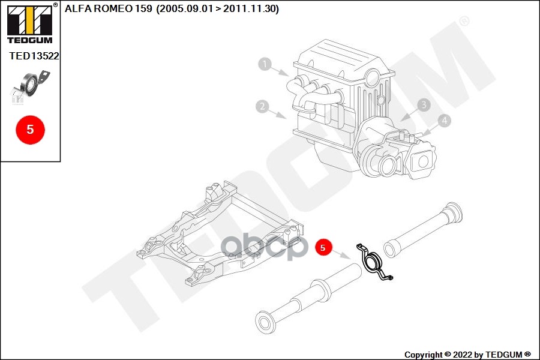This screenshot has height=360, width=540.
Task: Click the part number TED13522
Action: (34, 56)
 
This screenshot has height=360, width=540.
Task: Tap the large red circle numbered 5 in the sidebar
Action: (31, 130)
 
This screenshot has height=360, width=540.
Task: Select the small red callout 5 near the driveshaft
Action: (323, 247)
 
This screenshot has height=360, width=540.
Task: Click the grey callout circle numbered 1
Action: (265, 64)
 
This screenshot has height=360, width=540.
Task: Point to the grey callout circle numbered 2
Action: (262, 106)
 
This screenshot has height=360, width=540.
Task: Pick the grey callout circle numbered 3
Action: (424, 105)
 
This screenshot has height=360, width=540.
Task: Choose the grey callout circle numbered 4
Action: (444, 121)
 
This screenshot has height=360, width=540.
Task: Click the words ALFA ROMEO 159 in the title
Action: (108, 8)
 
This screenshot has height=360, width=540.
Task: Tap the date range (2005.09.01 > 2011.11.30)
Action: (218, 8)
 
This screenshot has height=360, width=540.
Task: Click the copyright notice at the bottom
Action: (467, 355)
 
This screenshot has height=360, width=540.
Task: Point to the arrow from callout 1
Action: (280, 71)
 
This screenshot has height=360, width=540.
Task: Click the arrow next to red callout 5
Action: (341, 254)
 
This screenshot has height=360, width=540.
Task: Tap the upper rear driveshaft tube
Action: (423, 230)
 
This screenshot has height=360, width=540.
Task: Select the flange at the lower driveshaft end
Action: (265, 322)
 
